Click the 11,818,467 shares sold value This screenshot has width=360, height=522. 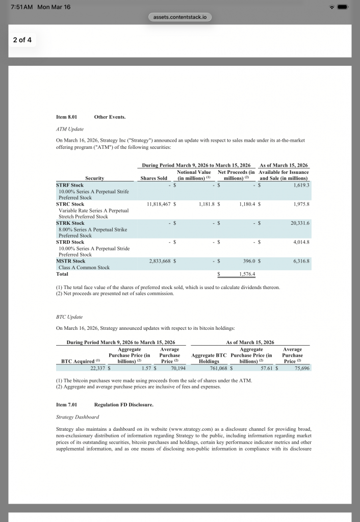coord(158,204)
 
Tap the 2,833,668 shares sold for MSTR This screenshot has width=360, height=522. coord(158,261)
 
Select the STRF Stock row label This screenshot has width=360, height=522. coord(70,185)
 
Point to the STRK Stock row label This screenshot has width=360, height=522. coord(70,223)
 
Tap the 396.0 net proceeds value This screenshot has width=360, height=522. coord(247,261)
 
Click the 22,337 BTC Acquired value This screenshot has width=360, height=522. coord(94,368)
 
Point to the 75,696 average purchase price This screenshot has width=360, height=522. coord(299,368)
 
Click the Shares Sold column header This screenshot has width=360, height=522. coord(153,178)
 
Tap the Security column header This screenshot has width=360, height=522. coord(94,178)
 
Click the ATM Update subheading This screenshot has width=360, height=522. coord(70,129)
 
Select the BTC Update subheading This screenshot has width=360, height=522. coord(69,317)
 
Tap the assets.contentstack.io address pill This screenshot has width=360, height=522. coord(180,17)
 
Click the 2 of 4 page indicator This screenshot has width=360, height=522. coord(22,39)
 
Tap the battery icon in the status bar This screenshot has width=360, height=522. coord(342,7)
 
